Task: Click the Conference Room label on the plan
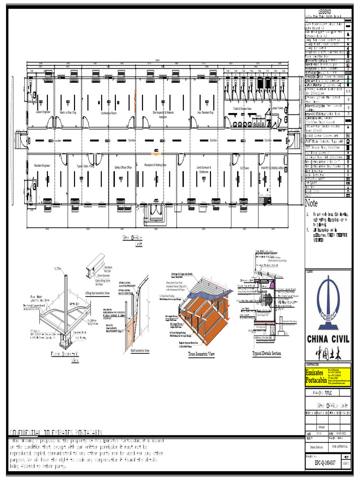[x=108, y=113]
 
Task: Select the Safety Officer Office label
[x=123, y=167]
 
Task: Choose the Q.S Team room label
[x=245, y=167]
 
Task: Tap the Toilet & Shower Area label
[x=242, y=109]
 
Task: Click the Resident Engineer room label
[x=42, y=165]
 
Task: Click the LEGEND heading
[x=325, y=11]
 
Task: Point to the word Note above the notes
[x=312, y=203]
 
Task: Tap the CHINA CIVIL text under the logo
[x=327, y=338]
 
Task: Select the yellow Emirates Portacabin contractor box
[x=327, y=375]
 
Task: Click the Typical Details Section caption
[x=266, y=353]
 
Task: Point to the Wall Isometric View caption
[x=140, y=351]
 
